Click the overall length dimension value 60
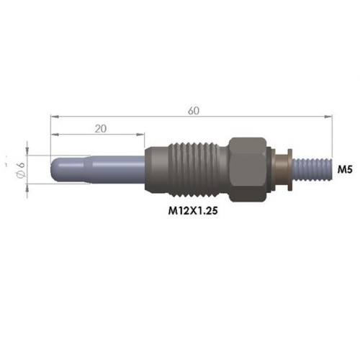point(193,110)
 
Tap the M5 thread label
point(345,169)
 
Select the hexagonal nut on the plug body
point(249,167)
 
